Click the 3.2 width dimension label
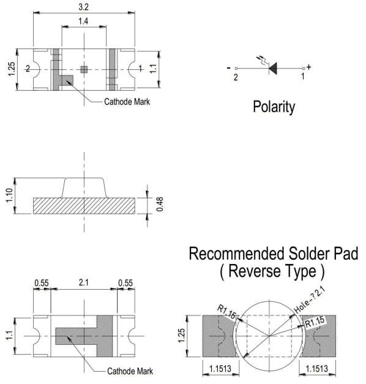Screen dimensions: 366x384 (83, 7)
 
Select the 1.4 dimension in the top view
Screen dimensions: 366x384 (83, 21)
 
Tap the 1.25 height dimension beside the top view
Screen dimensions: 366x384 (11, 69)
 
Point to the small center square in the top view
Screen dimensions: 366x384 (84, 70)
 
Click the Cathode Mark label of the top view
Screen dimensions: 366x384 (127, 102)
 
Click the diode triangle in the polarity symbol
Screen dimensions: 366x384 (273, 69)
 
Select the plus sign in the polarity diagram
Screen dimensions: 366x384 (308, 67)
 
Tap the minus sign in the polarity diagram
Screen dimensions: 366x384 (229, 68)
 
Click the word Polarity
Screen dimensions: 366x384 (274, 107)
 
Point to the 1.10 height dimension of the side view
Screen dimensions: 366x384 (9, 195)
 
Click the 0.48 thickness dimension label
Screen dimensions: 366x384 (160, 204)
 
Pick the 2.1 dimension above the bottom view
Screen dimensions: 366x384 (83, 282)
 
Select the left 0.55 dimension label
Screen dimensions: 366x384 (42, 283)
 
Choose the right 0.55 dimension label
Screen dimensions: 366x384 (125, 283)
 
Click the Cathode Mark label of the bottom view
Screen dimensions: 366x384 (130, 371)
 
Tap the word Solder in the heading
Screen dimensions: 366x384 (310, 254)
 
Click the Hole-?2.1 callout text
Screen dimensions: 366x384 (310, 300)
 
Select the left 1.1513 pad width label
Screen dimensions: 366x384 (220, 369)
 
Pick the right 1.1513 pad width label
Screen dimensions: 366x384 (317, 369)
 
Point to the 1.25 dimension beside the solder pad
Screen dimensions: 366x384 (181, 336)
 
